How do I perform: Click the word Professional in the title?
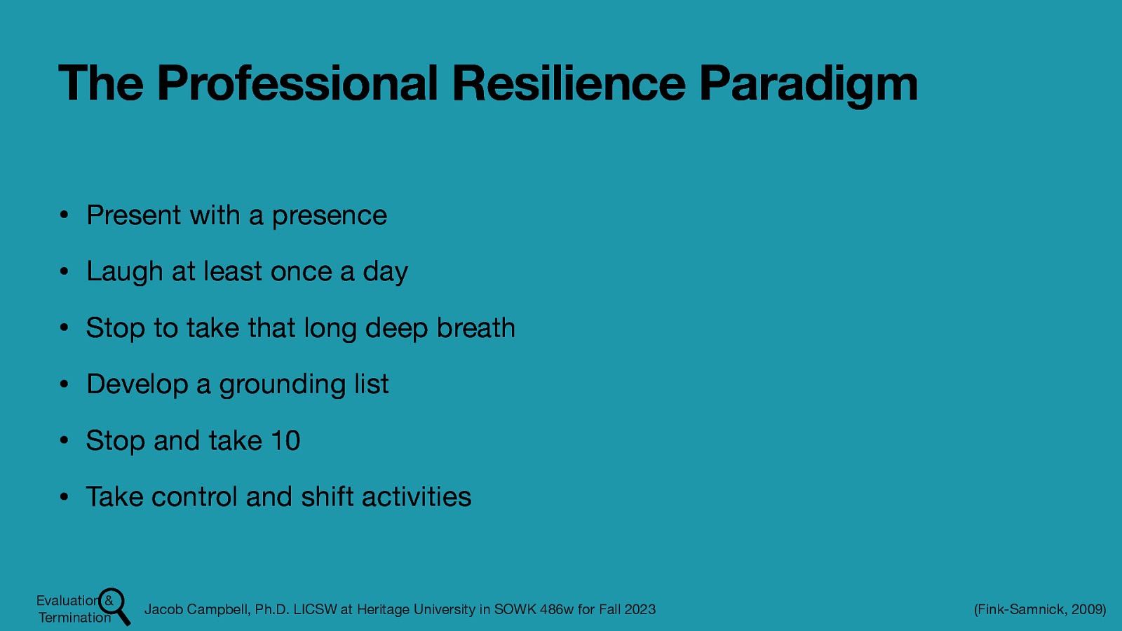(x=297, y=83)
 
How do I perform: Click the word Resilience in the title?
(x=569, y=83)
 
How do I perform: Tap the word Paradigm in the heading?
(x=808, y=83)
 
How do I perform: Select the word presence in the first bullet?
(x=329, y=216)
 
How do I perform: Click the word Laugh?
(x=124, y=272)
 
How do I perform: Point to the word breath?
(x=475, y=328)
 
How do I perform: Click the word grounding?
(x=282, y=385)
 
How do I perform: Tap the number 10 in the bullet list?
(x=285, y=441)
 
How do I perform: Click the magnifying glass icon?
(x=115, y=606)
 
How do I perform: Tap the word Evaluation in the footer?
(x=67, y=600)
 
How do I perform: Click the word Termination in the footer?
(x=74, y=618)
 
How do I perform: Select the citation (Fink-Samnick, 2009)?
(x=1039, y=609)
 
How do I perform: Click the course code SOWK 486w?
(x=534, y=609)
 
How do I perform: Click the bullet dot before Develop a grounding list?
(x=63, y=384)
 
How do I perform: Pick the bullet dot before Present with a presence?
(x=63, y=215)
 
